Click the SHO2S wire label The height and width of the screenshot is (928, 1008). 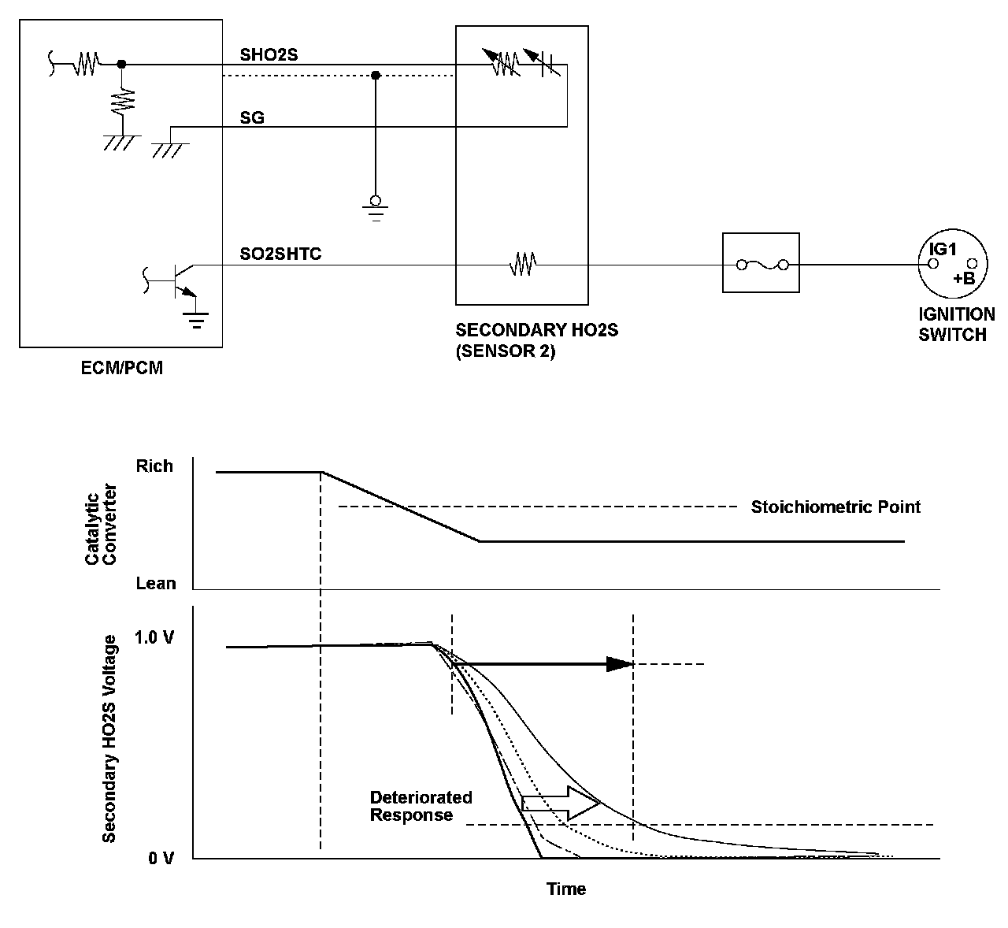coord(269,54)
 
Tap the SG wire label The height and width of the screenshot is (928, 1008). coord(252,118)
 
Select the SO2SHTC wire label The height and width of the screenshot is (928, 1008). coord(280,254)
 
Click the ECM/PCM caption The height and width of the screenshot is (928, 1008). coord(122,368)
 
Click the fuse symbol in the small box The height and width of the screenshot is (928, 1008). coord(761,265)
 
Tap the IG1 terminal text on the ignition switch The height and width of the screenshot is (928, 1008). coord(942,249)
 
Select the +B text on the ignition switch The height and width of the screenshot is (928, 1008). coord(963,279)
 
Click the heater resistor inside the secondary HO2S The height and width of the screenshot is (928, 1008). coord(523,265)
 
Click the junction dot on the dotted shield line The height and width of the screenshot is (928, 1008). coord(376,76)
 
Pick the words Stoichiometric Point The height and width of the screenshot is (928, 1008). coord(835,507)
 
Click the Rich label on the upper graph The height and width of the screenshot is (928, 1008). coord(154,466)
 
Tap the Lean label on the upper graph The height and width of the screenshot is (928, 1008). coord(156,583)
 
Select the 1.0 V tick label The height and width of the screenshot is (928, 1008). coord(154,637)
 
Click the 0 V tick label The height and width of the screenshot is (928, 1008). coord(161,858)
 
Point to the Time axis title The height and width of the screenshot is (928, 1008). coord(566,889)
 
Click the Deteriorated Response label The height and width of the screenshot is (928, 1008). coord(421,806)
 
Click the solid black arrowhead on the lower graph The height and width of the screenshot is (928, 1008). coord(620,664)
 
